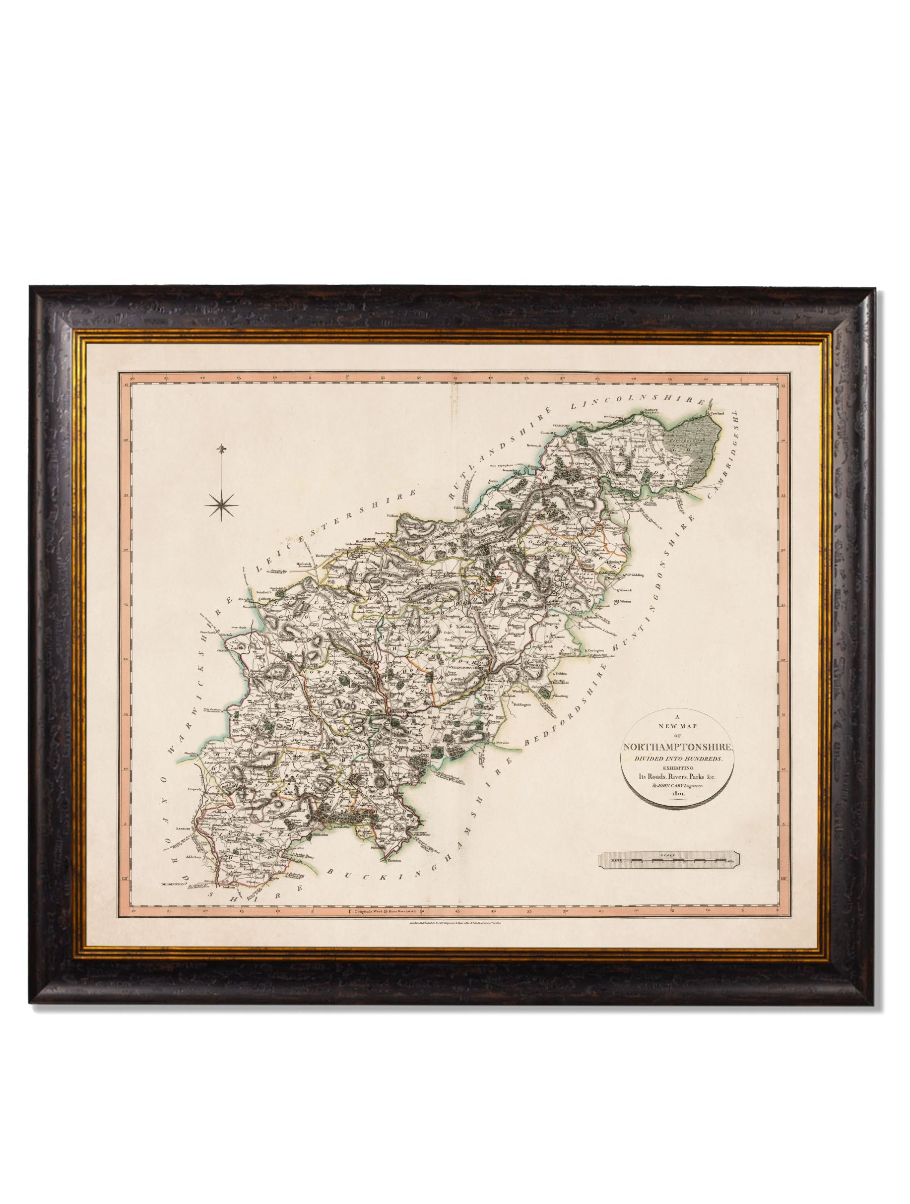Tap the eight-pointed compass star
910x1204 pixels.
tap(221, 506)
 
